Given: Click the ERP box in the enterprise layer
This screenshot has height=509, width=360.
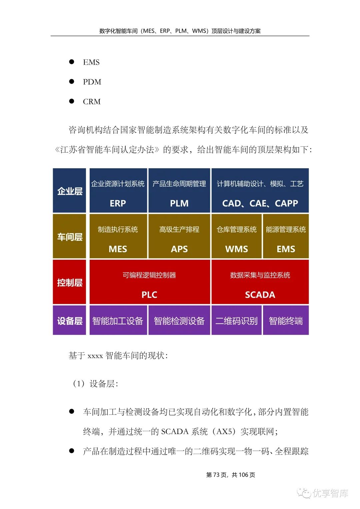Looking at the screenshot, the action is coord(118,191).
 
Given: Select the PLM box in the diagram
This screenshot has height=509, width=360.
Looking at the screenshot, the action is coord(179,191).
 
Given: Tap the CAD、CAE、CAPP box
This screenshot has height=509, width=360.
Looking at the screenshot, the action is coord(260,191).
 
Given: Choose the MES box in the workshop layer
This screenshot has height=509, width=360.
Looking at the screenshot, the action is coord(118,237).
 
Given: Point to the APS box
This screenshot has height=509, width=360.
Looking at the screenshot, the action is coord(179,237).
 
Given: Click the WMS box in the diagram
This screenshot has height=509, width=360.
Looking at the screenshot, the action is coord(237,237).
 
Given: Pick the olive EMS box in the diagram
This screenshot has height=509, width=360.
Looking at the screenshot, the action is coord(286,237).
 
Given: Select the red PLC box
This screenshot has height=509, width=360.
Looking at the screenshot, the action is coord(149,282).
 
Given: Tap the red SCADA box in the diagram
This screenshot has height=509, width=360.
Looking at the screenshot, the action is coord(260,282).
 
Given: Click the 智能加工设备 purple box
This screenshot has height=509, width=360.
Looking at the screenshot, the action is coord(118,320).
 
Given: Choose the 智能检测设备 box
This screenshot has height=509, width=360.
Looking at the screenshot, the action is coord(179,320).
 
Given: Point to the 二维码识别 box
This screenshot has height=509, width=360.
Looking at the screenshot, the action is coord(237,320).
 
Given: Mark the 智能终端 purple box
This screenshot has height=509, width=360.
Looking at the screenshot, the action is coord(286,320).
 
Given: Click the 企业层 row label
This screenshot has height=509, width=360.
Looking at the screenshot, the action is coord(70,191).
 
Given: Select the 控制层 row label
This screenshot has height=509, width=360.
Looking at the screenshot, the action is coord(70,282).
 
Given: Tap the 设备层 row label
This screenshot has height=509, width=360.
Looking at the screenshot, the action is coord(70,320).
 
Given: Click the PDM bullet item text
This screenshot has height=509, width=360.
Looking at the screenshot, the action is coord(92,82).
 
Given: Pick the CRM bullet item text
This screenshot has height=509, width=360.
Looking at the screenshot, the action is coord(92,102).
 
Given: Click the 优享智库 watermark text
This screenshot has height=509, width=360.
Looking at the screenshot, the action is coord(330,493).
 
